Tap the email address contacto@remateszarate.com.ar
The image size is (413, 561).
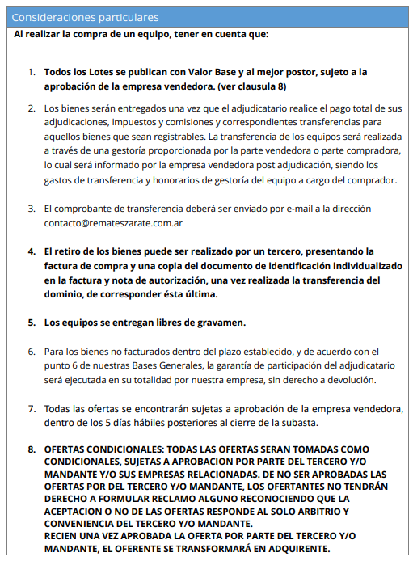tap(113, 221)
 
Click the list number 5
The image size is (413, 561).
tap(32, 323)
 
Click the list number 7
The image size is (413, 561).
tap(32, 409)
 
